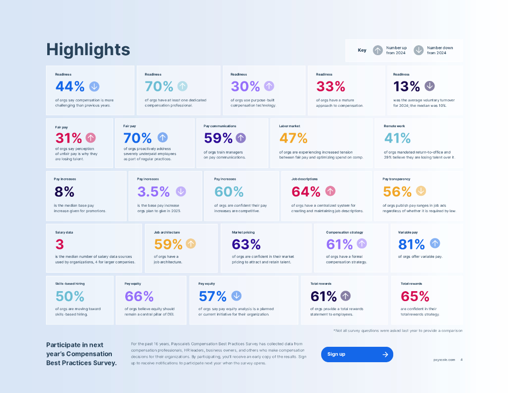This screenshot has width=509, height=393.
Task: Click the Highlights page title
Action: coord(88,50)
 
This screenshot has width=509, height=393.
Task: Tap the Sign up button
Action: coord(357,354)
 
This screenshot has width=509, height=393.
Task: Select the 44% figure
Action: coord(70,86)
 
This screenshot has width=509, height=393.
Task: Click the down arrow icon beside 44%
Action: coord(94,86)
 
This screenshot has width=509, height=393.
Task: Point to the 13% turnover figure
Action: coord(407,86)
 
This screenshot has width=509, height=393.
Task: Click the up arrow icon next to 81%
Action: coord(435,243)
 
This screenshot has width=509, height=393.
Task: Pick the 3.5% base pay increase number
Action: coord(154,191)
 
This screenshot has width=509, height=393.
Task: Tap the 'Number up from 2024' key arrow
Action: coord(378,50)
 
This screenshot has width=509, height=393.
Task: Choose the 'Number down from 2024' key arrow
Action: coord(419,50)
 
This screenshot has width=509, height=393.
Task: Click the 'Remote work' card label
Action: coord(394,126)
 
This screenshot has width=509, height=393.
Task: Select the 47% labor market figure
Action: coord(293,138)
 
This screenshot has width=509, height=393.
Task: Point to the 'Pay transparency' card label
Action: coord(396,179)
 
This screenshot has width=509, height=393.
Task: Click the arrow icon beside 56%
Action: coord(421,191)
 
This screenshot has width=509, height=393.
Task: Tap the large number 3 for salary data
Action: coord(60,244)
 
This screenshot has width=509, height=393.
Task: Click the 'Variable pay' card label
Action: coord(408,232)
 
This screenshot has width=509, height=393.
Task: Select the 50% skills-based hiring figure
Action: coord(70,296)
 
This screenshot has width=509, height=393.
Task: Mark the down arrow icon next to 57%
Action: coord(236,296)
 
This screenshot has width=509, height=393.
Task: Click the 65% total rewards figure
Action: coord(415,296)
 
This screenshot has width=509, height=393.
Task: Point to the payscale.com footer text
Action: coord(443,360)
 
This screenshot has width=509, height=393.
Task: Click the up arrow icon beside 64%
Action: coord(330,191)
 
